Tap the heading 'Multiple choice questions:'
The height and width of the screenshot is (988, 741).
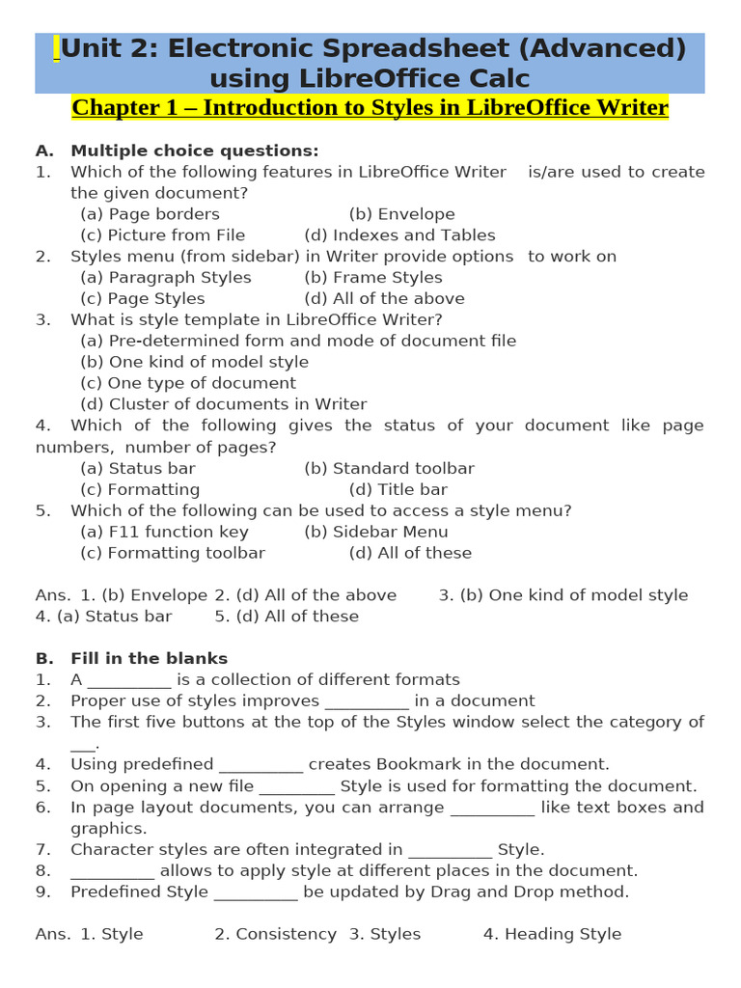(194, 151)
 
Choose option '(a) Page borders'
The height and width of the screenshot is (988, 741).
(150, 214)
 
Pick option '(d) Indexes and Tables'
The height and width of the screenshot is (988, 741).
(399, 235)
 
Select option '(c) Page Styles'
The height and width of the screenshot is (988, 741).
(143, 299)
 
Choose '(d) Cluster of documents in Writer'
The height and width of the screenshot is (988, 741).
(223, 404)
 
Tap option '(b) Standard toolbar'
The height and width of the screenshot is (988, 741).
(389, 469)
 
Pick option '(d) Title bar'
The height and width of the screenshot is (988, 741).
(398, 490)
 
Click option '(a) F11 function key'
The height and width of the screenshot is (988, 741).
(164, 533)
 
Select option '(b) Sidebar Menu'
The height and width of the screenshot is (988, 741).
(375, 533)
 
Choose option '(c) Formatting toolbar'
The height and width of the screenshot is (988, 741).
(173, 554)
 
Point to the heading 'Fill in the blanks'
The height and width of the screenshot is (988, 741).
(149, 659)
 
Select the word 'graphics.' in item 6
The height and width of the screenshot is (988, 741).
(109, 829)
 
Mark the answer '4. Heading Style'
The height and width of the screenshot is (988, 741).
(552, 934)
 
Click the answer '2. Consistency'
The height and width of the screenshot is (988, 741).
(275, 934)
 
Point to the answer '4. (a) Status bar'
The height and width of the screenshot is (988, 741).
(103, 617)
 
